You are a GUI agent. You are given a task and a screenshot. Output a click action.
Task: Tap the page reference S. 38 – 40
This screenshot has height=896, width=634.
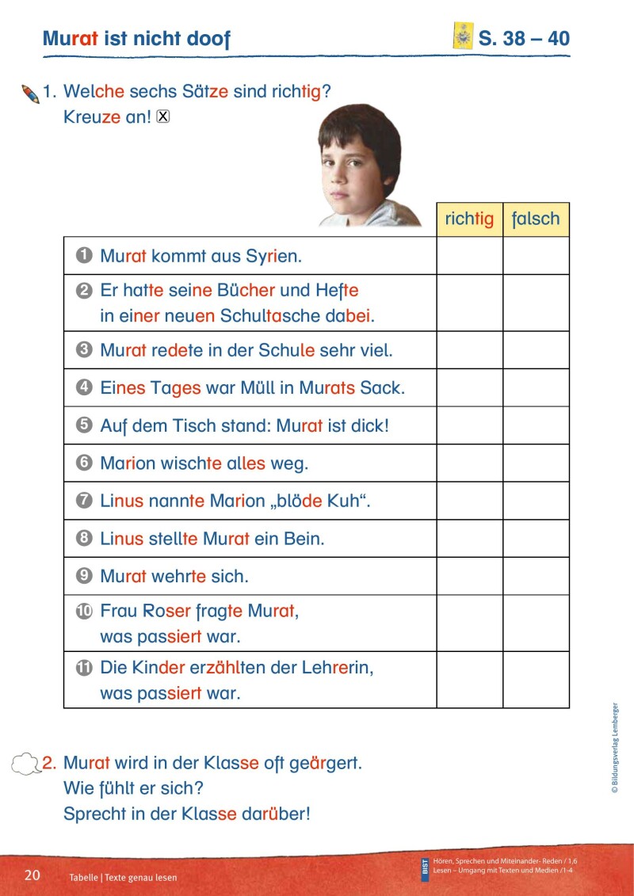tap(524, 38)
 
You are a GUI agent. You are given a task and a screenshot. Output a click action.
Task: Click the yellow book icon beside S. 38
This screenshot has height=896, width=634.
tap(462, 36)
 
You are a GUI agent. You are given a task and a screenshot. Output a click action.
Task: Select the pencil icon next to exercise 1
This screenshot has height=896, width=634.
tap(31, 94)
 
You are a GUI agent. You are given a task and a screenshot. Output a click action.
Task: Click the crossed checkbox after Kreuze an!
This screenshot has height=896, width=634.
tap(163, 116)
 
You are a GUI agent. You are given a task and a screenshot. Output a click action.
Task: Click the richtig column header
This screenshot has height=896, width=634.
tap(469, 219)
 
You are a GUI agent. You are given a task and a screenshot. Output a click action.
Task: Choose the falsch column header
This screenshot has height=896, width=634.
tap(536, 219)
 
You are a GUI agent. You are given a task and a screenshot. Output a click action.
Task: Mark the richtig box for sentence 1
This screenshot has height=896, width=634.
tap(469, 256)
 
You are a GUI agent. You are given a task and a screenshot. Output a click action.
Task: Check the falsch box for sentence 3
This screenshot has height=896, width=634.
tap(536, 349)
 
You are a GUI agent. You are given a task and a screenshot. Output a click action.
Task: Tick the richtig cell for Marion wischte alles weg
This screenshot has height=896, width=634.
tap(469, 463)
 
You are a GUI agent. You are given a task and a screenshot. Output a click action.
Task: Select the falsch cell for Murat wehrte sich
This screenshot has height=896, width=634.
tap(536, 576)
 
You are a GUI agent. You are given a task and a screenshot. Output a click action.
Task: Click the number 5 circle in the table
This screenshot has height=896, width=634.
tap(85, 425)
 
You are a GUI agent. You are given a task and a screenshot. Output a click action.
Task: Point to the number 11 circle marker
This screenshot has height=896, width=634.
tap(85, 668)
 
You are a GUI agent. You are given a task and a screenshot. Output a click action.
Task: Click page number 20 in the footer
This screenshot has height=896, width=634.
tap(32, 875)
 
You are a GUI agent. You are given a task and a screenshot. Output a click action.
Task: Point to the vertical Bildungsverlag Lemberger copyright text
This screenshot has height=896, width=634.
tap(614, 748)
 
